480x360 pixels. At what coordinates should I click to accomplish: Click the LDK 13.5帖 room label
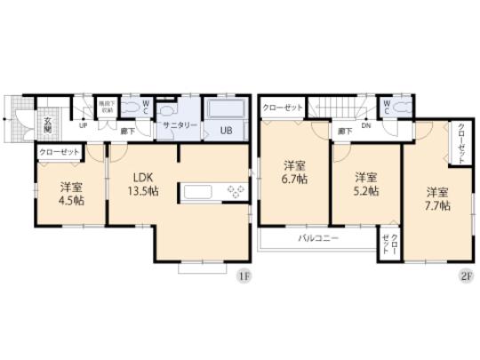coord(140,183)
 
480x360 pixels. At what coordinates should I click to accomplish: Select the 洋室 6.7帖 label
coord(294,172)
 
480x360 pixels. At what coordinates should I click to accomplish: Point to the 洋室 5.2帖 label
coord(364,183)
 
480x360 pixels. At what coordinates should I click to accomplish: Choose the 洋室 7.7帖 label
coord(436,198)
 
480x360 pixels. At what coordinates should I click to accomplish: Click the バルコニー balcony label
coord(317,238)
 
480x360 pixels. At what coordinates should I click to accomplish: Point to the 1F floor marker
coord(242,276)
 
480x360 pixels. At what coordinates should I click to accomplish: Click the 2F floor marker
coord(465,276)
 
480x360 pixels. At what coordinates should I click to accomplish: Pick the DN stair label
coord(365,125)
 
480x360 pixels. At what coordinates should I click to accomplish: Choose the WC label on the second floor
coord(388,104)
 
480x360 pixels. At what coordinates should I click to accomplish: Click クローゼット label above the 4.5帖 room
coord(59,153)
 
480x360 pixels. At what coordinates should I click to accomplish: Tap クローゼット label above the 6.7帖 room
coord(283,107)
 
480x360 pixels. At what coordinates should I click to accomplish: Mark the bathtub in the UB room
coord(227,110)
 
